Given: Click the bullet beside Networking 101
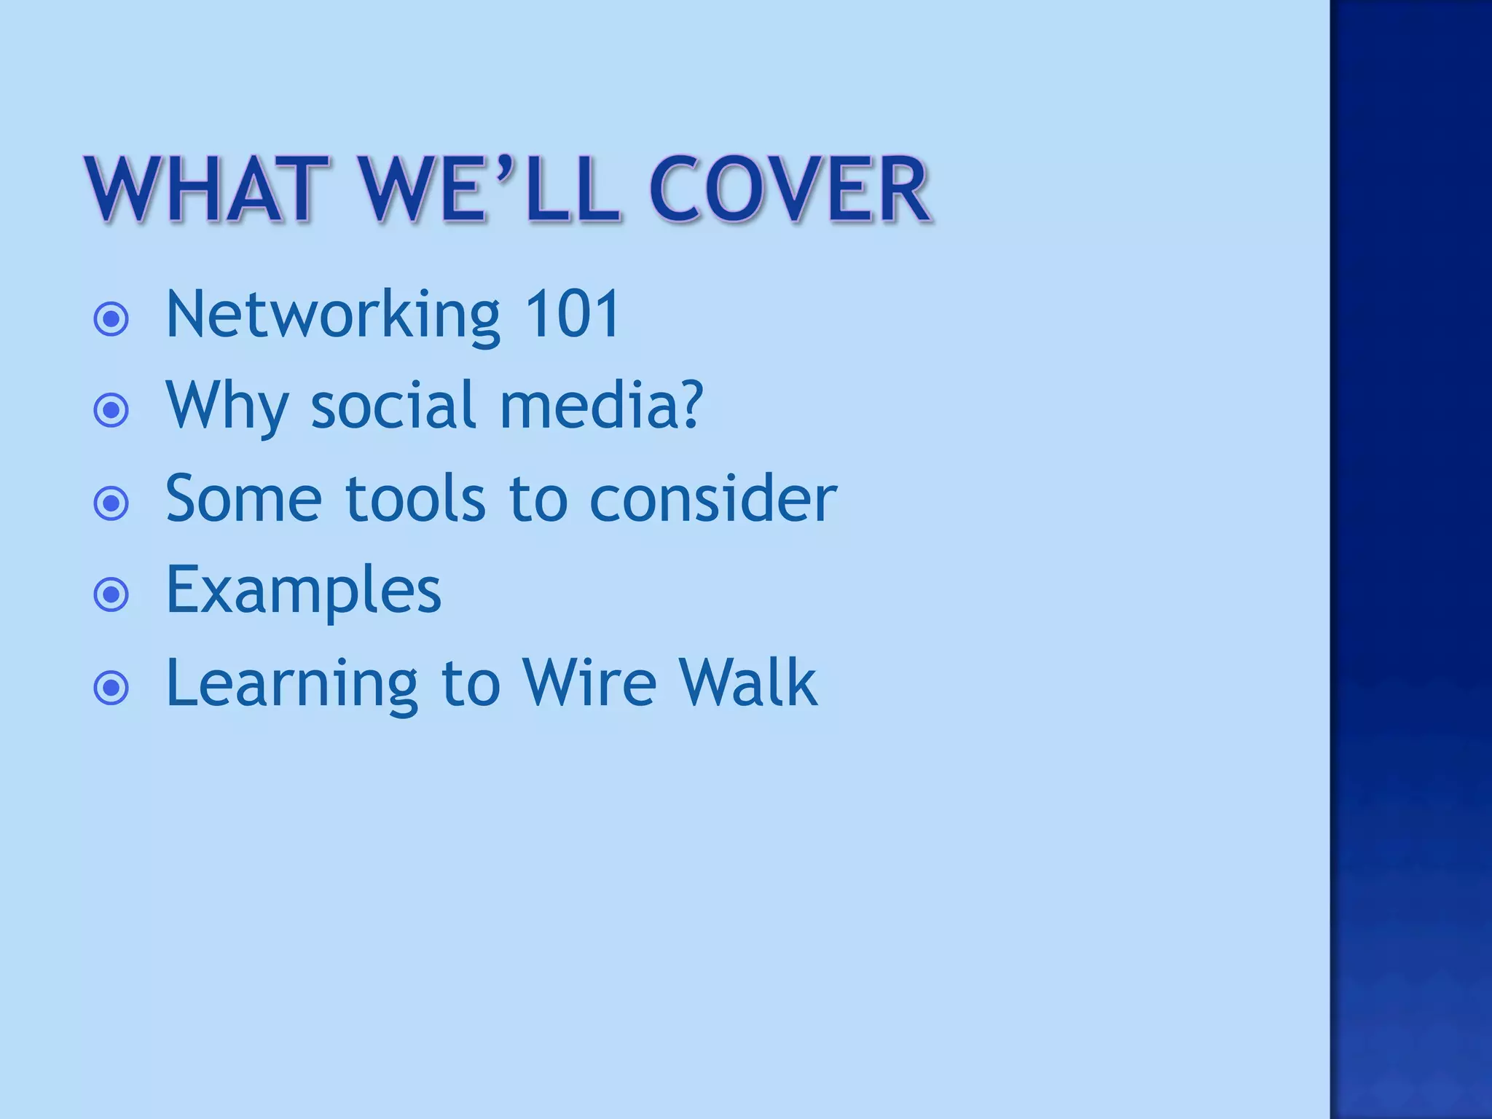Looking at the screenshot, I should point(111,319).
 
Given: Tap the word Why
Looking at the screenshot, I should point(227,407).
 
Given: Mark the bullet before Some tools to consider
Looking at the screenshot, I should point(111,503).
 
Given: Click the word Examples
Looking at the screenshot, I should point(303,591).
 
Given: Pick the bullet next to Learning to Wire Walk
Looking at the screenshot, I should point(111,688).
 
